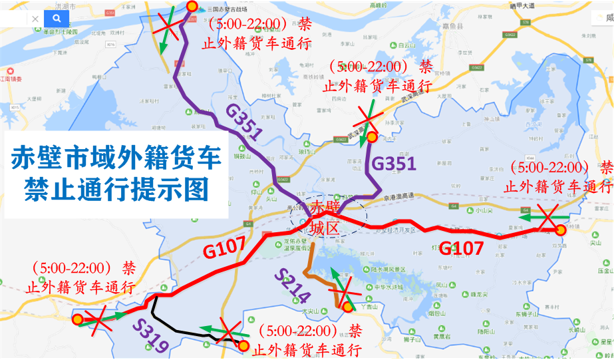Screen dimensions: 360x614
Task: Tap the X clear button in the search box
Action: (x=35, y=19)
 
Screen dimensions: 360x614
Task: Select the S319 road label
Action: (x=150, y=333)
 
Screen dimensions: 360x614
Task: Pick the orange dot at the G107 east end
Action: (x=560, y=230)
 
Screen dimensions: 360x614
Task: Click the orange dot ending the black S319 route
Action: (x=243, y=345)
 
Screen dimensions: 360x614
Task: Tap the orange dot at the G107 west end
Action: (x=78, y=319)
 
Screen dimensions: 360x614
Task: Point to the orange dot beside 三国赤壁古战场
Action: (x=192, y=7)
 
